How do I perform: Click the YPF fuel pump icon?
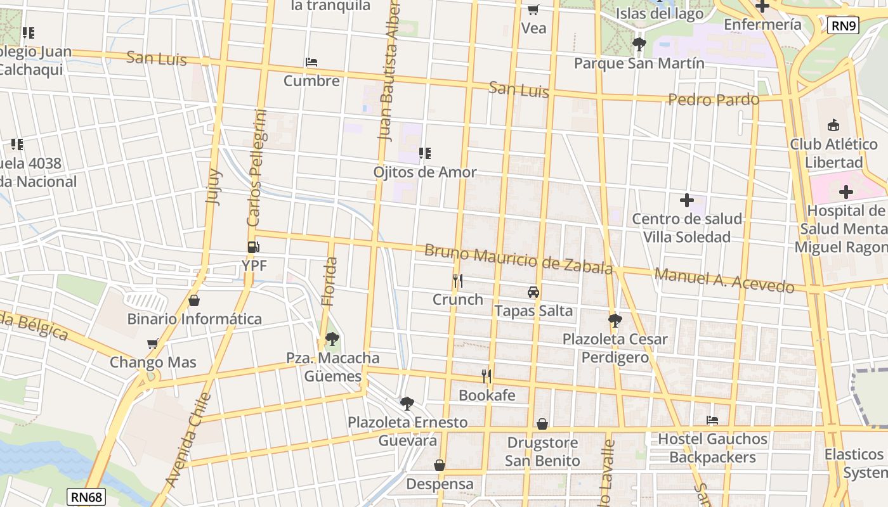(253, 247)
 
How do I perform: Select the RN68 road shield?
(86, 497)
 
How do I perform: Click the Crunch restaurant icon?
(457, 280)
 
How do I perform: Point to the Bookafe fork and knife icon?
(486, 376)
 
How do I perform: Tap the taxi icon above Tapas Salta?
(533, 292)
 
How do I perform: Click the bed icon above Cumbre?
(311, 62)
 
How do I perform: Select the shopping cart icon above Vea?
(533, 10)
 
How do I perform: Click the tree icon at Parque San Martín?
(639, 44)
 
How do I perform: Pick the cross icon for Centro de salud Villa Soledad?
(686, 200)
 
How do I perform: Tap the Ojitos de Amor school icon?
(425, 153)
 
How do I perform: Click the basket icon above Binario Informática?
(194, 300)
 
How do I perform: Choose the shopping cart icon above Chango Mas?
(152, 344)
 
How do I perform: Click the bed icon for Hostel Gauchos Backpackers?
(712, 420)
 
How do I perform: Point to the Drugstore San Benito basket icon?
(542, 424)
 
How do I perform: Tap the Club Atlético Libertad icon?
(833, 125)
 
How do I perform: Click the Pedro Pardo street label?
(714, 99)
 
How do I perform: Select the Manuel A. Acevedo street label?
(724, 280)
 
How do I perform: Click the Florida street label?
(329, 281)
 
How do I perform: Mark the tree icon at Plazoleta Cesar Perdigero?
(615, 321)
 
